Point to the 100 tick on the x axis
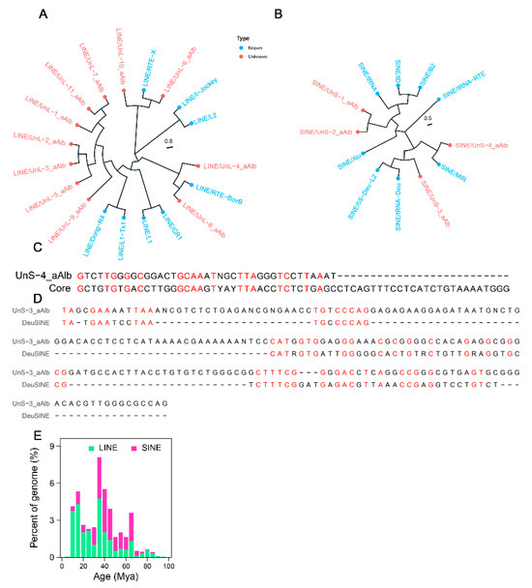point(168,564)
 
